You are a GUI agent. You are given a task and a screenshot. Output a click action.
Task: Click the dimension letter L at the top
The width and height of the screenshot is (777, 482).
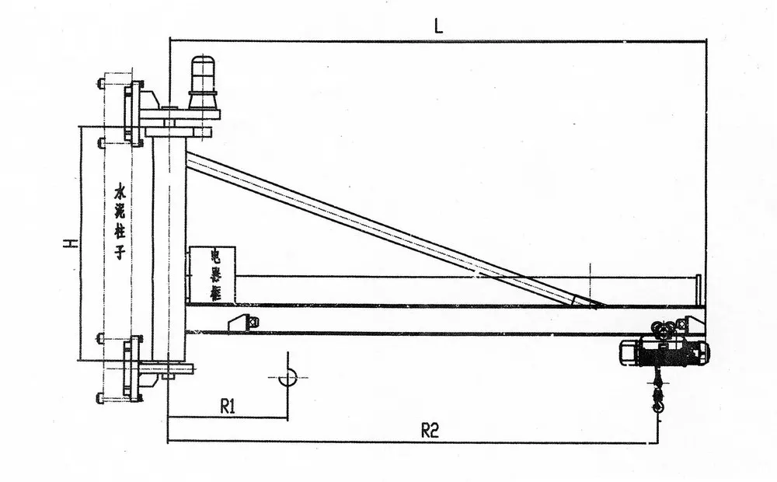click(438, 26)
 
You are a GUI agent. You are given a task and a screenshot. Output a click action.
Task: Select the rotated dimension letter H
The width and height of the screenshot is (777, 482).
click(69, 244)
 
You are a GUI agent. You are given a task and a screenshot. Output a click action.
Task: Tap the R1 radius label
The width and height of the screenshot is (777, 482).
click(228, 405)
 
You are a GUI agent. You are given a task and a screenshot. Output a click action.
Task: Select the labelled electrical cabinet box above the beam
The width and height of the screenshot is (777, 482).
click(212, 275)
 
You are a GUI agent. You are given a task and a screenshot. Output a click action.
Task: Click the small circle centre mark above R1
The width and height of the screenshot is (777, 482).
click(287, 378)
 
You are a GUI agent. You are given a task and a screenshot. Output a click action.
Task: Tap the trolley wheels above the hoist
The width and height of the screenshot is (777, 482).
click(664, 331)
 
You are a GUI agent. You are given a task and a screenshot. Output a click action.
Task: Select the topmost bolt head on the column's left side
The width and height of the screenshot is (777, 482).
click(101, 82)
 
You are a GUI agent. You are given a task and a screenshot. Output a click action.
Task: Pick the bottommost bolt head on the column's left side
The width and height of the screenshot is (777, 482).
click(101, 399)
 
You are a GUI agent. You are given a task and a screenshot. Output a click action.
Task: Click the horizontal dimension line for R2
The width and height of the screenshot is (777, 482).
click(412, 442)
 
